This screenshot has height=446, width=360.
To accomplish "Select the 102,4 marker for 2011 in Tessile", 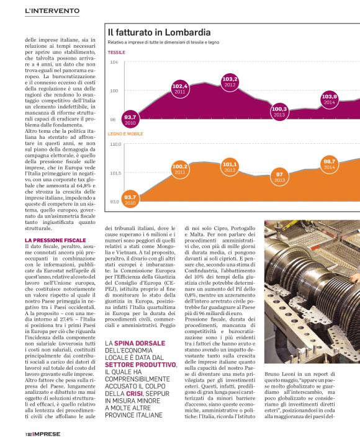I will [180, 88].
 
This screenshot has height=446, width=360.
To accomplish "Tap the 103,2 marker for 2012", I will [230, 81].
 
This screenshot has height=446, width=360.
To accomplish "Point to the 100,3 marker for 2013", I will [279, 111].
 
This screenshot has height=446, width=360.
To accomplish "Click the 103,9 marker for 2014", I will [329, 99].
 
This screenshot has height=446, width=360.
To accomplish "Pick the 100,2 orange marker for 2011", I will [180, 169].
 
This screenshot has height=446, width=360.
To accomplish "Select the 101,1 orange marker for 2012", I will [230, 166].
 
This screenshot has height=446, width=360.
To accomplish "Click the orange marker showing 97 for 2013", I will [279, 177].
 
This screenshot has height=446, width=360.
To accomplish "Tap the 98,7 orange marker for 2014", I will [329, 164].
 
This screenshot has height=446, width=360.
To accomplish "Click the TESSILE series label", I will [116, 53].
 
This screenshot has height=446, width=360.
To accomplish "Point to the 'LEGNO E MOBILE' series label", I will [125, 134].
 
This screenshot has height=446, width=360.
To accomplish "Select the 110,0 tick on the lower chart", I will [115, 144].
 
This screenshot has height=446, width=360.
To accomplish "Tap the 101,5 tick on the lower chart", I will [115, 173].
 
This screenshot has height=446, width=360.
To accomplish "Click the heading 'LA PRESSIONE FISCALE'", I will [55, 239].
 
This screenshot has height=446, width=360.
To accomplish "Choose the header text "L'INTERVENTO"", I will [52, 11].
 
